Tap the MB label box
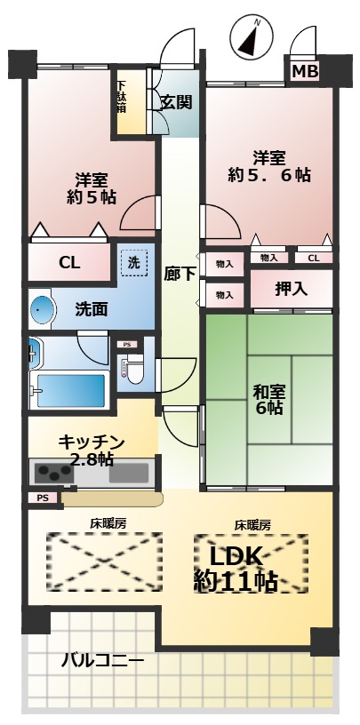(305, 71)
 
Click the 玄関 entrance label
(176, 101)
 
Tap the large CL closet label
(69, 262)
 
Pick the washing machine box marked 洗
(133, 262)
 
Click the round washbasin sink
(42, 310)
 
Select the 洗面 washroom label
(92, 309)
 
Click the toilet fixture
(132, 369)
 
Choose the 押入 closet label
(292, 288)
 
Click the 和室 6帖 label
(268, 399)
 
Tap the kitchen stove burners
(52, 473)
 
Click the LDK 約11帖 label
(235, 568)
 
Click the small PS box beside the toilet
(127, 344)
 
